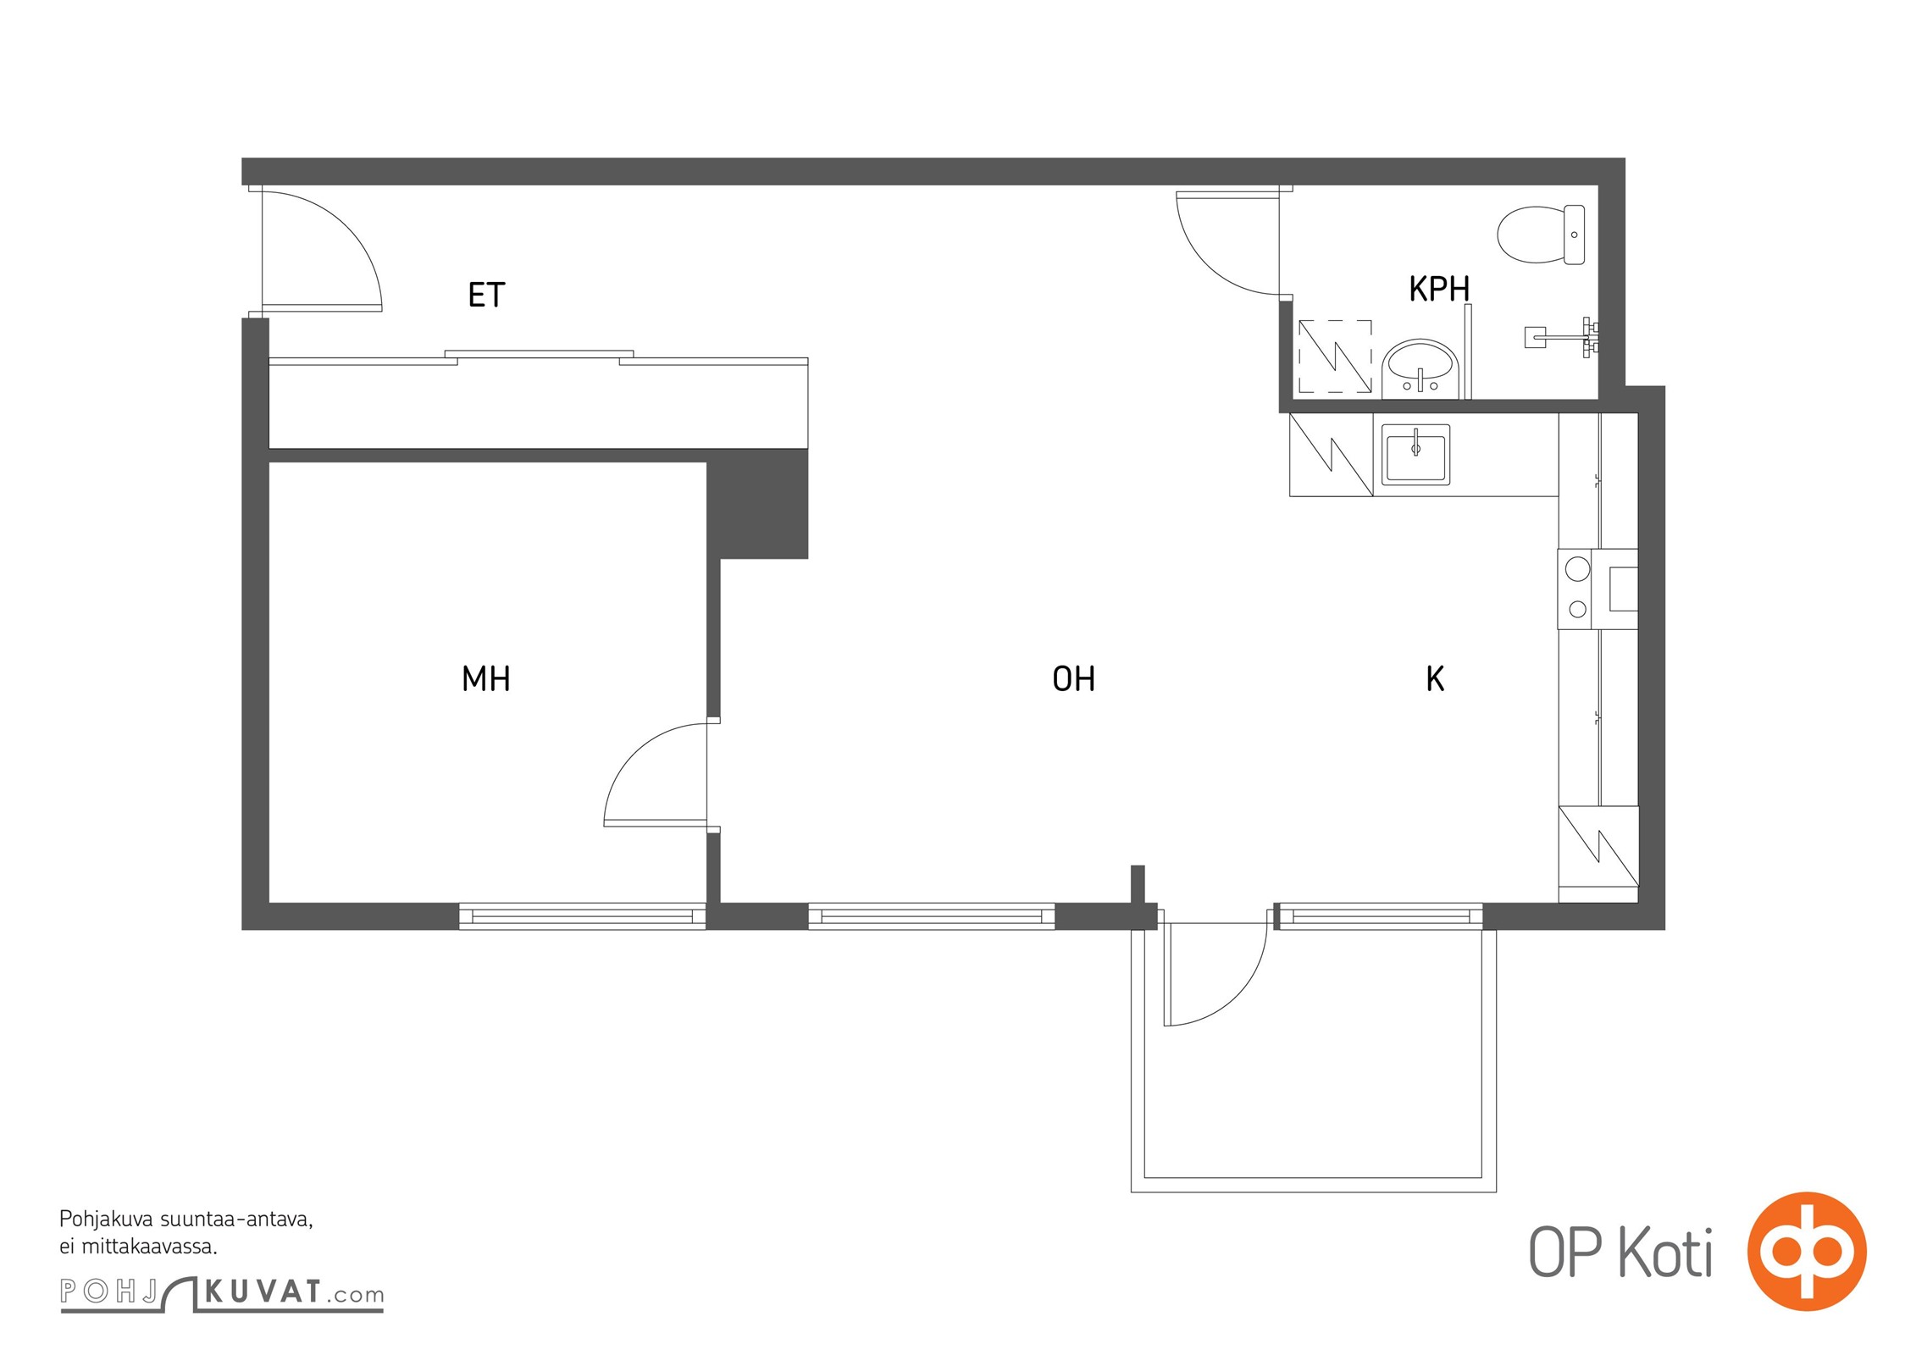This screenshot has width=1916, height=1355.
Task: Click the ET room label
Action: pos(486,295)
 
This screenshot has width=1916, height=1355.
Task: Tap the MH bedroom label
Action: pos(486,678)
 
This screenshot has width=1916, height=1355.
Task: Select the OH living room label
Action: pos(1074,678)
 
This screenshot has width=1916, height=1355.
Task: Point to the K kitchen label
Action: pos(1435,678)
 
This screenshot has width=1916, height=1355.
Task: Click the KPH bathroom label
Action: pos(1439,289)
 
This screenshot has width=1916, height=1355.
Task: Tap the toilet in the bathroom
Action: pos(1542,235)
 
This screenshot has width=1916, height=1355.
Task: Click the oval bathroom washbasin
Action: pos(1420,369)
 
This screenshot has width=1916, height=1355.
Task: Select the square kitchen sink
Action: pos(1416,454)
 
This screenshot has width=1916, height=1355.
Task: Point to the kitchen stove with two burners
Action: pos(1597,589)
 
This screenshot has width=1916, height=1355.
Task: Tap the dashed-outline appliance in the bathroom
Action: pos(1335,356)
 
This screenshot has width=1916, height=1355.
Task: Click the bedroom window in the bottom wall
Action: pos(582,916)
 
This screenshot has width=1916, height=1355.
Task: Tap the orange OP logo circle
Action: pos(1807,1251)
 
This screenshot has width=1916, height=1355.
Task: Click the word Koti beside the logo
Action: pos(1665,1253)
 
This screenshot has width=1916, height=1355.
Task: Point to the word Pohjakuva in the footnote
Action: pos(107,1220)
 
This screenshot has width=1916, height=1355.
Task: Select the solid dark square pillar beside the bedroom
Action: pos(757,503)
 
